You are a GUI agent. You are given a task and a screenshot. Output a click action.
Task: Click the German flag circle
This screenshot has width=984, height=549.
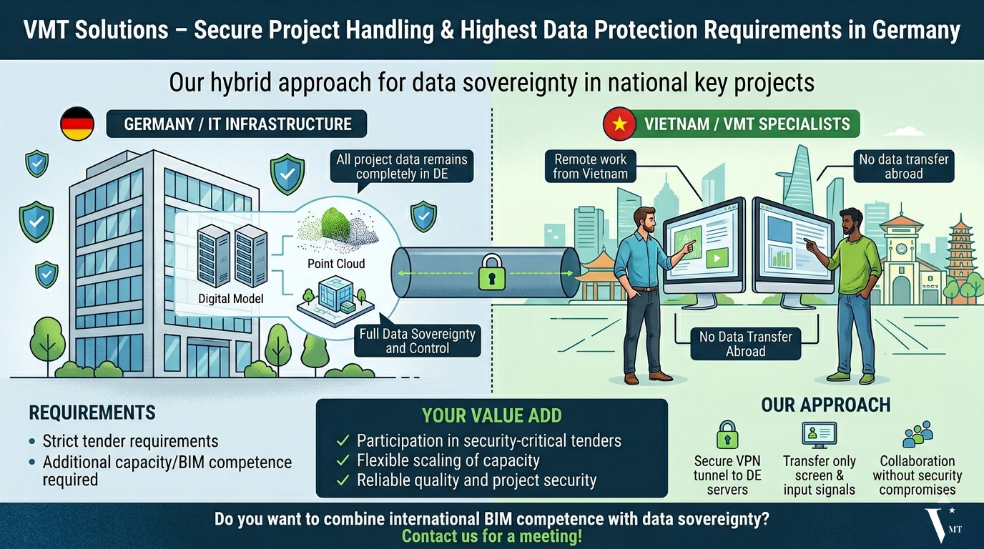(77, 124)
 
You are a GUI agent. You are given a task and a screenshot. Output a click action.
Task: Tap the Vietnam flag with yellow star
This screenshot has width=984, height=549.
(619, 124)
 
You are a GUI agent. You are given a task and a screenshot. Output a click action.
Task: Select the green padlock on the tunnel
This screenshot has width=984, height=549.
(491, 272)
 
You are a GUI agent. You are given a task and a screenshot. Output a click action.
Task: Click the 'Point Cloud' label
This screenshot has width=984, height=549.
(336, 264)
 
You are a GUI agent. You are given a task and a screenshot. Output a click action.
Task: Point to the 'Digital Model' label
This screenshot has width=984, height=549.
(230, 299)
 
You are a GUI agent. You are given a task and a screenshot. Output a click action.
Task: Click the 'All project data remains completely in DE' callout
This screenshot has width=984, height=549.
(401, 167)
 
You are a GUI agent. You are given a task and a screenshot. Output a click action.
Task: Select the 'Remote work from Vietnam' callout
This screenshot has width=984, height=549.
(590, 167)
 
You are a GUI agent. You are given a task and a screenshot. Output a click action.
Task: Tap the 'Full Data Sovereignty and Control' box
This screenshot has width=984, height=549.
(418, 341)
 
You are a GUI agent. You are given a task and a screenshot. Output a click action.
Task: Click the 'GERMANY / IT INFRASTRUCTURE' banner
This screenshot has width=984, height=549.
(237, 124)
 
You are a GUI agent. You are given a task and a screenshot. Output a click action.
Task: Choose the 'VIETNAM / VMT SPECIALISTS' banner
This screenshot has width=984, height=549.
(747, 124)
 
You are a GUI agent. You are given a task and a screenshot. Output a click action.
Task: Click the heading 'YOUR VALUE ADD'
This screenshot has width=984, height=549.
(491, 415)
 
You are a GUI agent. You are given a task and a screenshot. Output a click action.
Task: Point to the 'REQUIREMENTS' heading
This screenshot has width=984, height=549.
(92, 413)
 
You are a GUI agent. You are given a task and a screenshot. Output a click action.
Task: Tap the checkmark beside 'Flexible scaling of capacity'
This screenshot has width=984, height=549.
(343, 461)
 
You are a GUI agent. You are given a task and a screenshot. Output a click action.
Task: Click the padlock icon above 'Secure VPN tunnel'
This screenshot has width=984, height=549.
(727, 435)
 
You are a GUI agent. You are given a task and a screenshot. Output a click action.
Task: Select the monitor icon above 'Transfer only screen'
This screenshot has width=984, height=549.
(819, 435)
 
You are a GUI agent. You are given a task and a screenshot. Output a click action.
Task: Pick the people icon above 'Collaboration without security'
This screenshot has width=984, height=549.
(917, 434)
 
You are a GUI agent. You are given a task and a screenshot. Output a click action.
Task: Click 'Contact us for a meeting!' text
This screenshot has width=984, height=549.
(491, 536)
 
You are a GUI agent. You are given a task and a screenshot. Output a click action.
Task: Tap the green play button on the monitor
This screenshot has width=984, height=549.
(717, 258)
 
